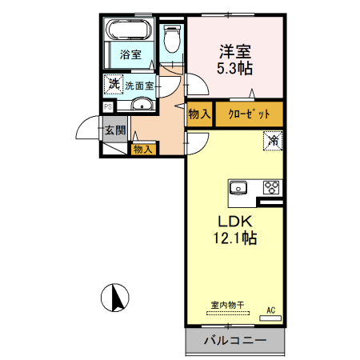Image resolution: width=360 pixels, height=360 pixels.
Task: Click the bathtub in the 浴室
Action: (x=128, y=33)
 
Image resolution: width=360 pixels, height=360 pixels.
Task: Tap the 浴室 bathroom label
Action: (x=130, y=54)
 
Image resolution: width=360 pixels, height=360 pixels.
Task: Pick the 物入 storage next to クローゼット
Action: (x=199, y=114)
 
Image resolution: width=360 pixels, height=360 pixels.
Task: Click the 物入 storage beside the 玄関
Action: (x=143, y=149)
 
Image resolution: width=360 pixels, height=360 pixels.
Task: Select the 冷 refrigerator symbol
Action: (x=274, y=141)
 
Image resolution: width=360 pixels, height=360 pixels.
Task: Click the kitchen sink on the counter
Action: (x=238, y=189)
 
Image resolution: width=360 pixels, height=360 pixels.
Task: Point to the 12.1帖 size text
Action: (x=234, y=238)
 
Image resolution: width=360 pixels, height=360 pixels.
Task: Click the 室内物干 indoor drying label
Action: (x=227, y=305)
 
